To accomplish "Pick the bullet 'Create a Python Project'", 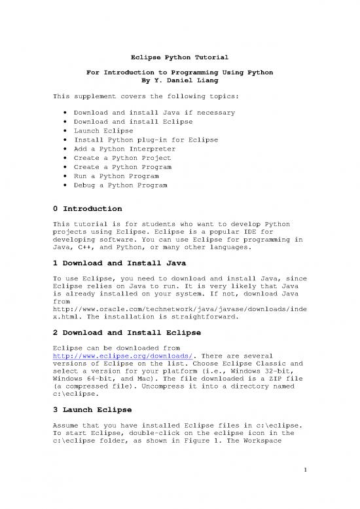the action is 122,158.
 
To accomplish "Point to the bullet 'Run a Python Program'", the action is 116,176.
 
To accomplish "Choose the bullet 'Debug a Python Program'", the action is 120,185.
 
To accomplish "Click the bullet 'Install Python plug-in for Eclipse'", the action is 145,140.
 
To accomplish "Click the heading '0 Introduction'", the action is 87,208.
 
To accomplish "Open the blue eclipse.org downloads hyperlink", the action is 102,358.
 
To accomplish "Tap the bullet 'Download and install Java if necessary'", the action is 154,112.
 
